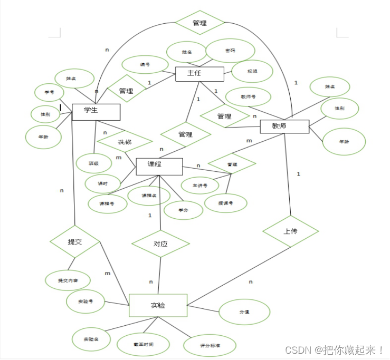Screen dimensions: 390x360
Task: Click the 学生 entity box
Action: coord(96,111)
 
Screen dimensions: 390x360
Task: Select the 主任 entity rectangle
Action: coord(199,73)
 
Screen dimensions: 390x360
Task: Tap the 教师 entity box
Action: coord(284,126)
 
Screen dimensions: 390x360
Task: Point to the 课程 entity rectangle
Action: coord(159,166)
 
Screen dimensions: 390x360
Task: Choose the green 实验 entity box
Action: coord(158,305)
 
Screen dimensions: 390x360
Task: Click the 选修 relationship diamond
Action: coord(125,142)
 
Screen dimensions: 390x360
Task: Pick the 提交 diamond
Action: coord(75,242)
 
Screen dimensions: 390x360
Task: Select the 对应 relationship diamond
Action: coord(160,244)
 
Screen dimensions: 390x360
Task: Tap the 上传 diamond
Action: coord(290,231)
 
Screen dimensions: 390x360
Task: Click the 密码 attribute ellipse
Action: coord(230,51)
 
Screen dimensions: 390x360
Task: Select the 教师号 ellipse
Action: coord(248,97)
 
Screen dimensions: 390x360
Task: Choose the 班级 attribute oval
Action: coord(93,163)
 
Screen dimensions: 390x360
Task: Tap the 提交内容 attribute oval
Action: coord(68,280)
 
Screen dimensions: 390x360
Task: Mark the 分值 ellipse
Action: coord(244,312)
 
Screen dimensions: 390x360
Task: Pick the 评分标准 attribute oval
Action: coord(210,346)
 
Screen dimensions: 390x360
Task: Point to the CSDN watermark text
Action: coord(335,349)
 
